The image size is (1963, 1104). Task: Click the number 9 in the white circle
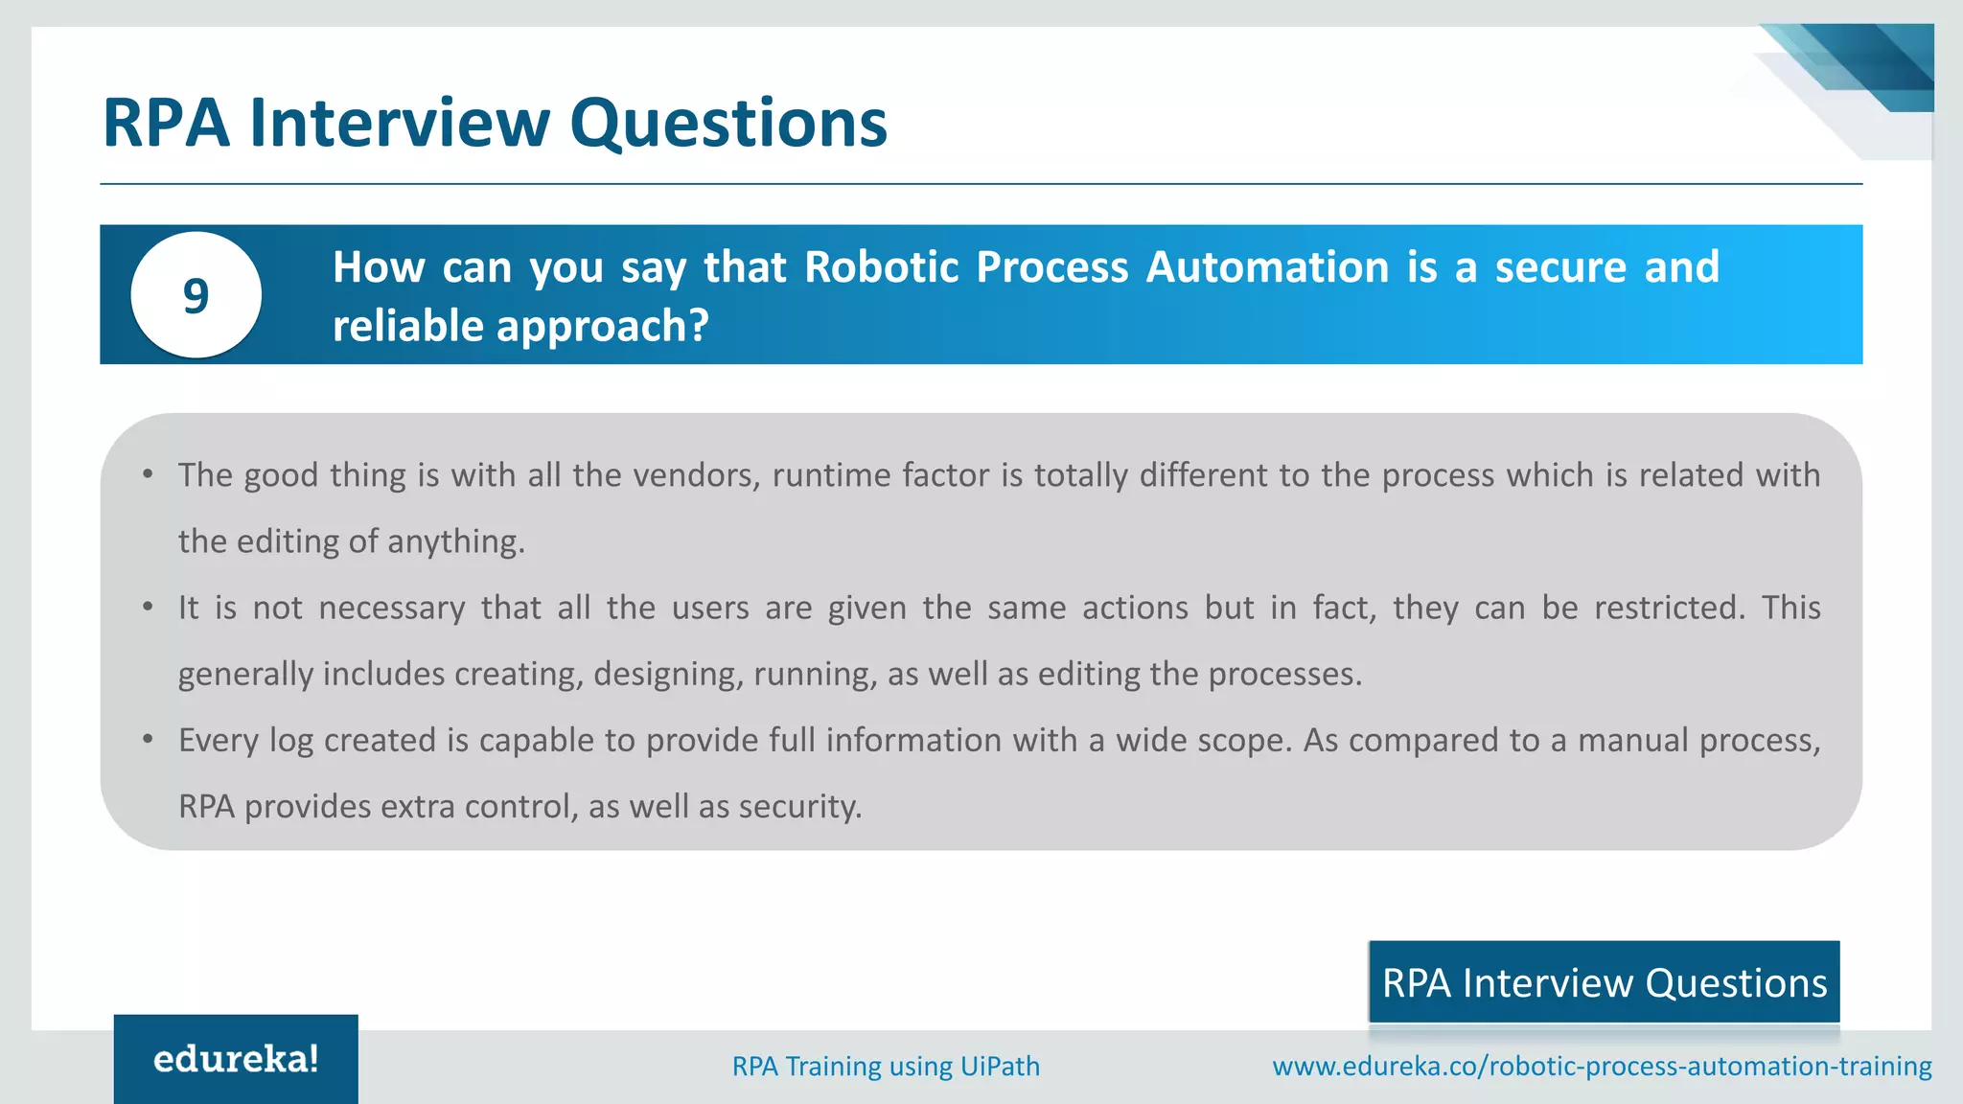pyautogui.click(x=196, y=295)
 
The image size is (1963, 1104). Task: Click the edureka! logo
pyautogui.click(x=236, y=1059)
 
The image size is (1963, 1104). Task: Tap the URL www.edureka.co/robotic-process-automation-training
pyautogui.click(x=1602, y=1066)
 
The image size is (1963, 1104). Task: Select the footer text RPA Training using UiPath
pyautogui.click(x=886, y=1066)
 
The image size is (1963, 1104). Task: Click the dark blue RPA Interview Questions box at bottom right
pyautogui.click(x=1604, y=982)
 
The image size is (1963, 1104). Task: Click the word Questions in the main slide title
pyautogui.click(x=728, y=124)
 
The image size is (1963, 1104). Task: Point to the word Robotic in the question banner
pyautogui.click(x=881, y=267)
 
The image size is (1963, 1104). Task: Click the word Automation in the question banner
pyautogui.click(x=1267, y=267)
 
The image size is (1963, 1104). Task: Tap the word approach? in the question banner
pyautogui.click(x=602, y=327)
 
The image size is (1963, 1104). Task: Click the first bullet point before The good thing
pyautogui.click(x=148, y=474)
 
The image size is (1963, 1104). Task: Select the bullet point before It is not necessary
pyautogui.click(x=148, y=607)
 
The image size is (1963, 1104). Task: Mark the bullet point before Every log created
pyautogui.click(x=148, y=739)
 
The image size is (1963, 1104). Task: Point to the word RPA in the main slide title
pyautogui.click(x=166, y=124)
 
